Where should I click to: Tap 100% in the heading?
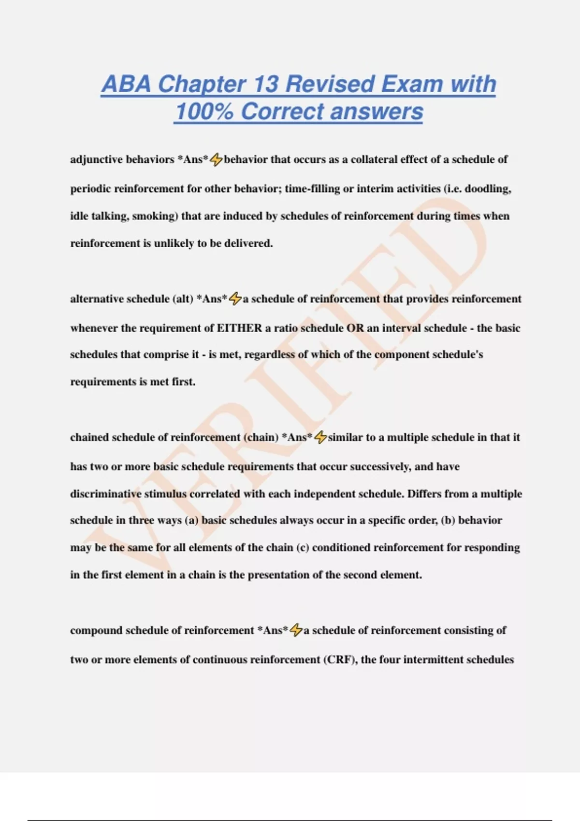[x=203, y=112]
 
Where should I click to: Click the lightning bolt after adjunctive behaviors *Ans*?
[x=216, y=159]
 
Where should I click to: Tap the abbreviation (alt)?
[x=183, y=299]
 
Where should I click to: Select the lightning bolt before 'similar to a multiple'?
[x=320, y=438]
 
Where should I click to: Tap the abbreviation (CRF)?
[x=340, y=660]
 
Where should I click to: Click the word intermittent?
[x=433, y=660]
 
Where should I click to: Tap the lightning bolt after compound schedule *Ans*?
[x=296, y=630]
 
